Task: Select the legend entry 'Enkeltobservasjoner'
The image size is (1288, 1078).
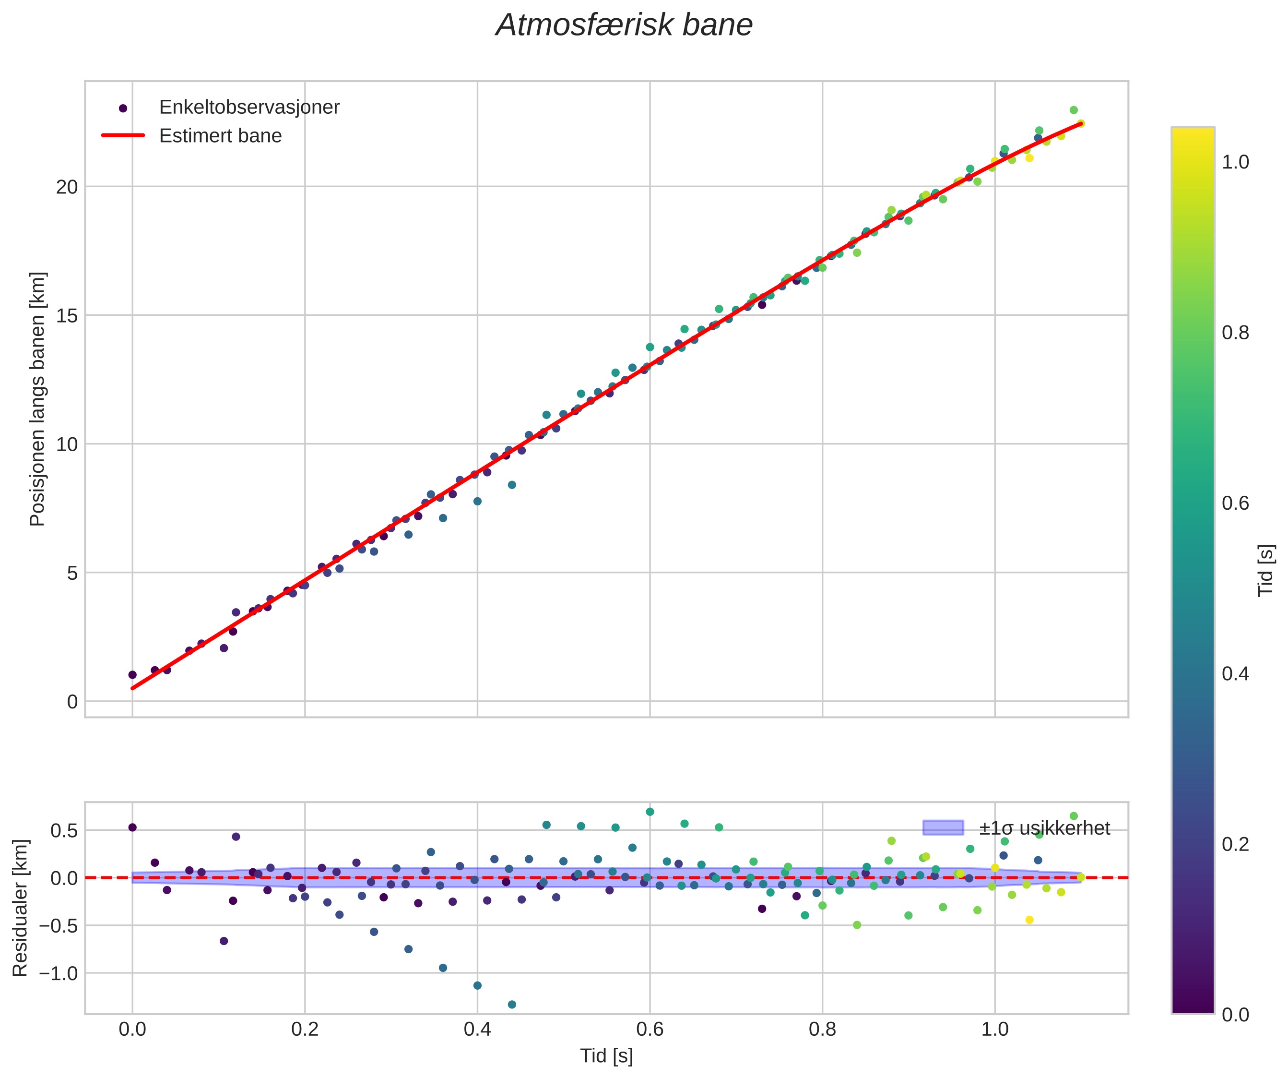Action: coord(248,108)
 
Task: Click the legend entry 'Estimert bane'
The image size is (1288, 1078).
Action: coord(220,136)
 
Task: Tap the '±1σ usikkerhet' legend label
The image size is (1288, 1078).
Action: coord(1044,828)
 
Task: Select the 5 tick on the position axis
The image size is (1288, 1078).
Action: coord(72,573)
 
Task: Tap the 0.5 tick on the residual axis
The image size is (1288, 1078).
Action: coord(64,831)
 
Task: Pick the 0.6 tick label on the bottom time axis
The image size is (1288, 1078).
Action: coord(650,1029)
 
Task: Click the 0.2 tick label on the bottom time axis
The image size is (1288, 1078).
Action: coord(305,1029)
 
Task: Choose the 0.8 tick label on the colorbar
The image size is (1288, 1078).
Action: coord(1235,333)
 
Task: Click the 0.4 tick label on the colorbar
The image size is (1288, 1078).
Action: coord(1235,674)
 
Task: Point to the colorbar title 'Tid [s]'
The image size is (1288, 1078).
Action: coord(1266,570)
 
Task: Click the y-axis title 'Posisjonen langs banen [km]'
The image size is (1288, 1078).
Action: coord(37,399)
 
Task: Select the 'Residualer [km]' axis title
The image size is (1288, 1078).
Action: coord(20,908)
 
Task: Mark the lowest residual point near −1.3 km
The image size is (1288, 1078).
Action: coord(511,1005)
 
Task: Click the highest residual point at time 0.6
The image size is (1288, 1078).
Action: coord(650,812)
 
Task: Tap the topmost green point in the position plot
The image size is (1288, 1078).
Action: coord(1074,110)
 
